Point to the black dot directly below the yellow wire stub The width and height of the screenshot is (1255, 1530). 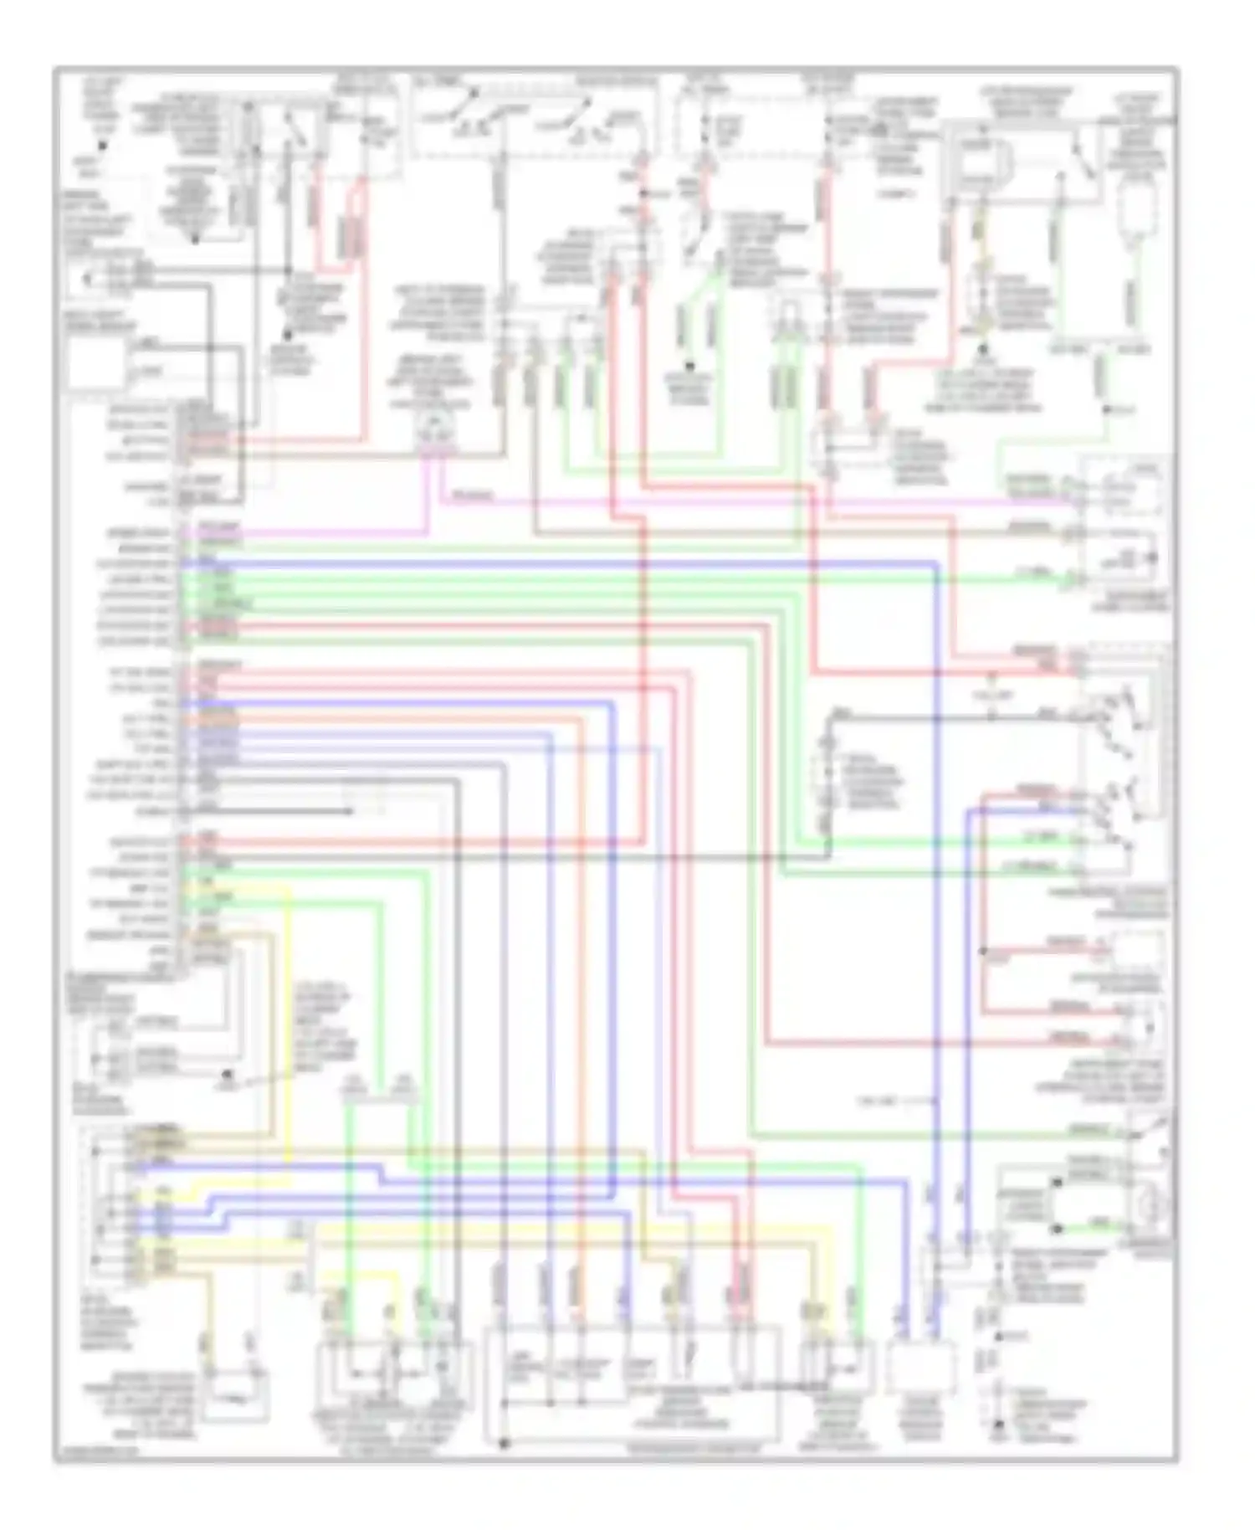pyautogui.click(x=985, y=330)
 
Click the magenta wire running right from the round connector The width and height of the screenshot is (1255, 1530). pyautogui.click(x=753, y=502)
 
